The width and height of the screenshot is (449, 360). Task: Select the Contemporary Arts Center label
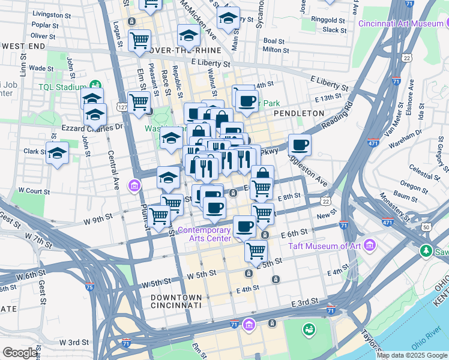pos(203,234)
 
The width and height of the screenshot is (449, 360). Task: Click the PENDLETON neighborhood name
pos(298,113)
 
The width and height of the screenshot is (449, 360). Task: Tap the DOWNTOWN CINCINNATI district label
pos(176,301)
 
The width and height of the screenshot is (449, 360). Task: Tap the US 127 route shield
pos(122,107)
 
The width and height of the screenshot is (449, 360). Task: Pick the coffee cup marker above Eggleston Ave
pos(300,145)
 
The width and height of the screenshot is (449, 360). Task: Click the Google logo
pos(19,353)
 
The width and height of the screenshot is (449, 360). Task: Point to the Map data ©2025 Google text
pos(411,355)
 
